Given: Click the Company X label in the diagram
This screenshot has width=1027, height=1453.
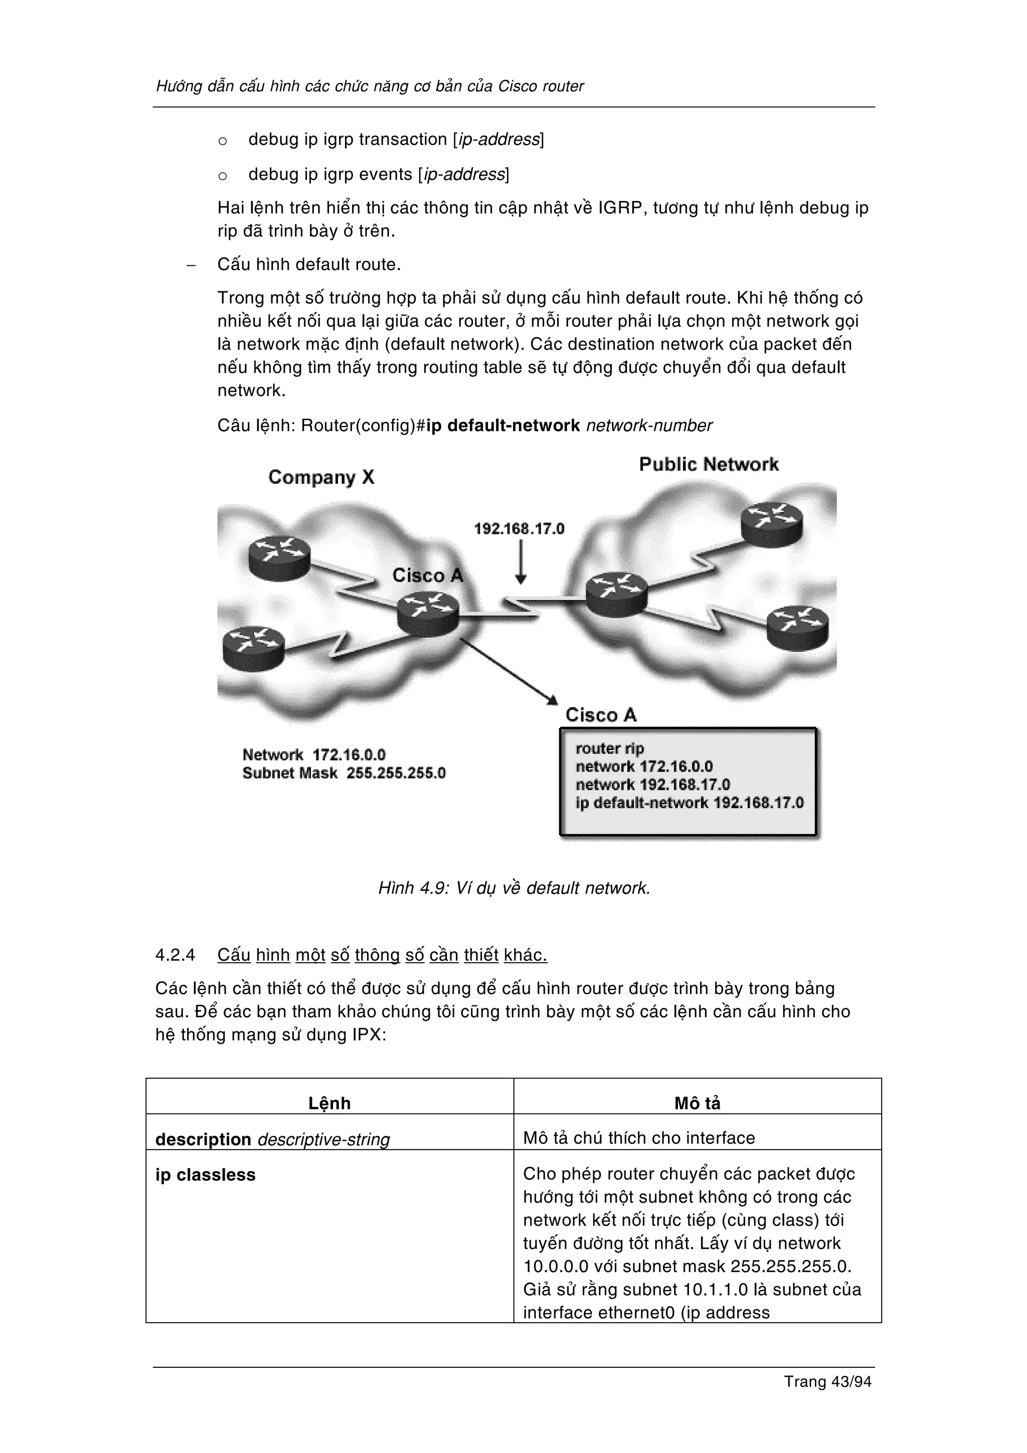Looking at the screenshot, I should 321,477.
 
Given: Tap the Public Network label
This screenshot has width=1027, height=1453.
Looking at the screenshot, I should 708,464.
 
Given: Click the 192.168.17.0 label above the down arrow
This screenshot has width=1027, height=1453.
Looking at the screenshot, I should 519,528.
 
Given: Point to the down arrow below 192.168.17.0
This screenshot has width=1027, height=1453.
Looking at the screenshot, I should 520,563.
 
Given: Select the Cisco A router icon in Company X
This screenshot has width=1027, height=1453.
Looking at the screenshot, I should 428,612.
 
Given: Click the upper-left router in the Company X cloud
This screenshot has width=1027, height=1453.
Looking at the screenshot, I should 279,556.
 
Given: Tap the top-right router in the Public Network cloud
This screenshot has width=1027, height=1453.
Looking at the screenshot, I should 771,523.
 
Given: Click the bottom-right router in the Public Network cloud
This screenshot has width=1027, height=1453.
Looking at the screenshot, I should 797,625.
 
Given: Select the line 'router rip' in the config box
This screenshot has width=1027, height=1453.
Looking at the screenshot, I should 609,749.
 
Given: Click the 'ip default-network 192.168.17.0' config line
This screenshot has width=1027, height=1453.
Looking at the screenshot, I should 689,803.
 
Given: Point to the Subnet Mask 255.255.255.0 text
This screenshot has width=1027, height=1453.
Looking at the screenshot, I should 344,773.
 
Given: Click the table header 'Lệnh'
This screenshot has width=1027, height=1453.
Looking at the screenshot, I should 329,1103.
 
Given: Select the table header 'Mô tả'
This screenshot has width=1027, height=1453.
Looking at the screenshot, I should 697,1103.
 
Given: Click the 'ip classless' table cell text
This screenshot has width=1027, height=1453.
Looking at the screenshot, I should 205,1175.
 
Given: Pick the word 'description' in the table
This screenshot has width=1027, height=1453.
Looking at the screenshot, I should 203,1139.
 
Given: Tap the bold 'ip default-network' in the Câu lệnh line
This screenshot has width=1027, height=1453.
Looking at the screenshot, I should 503,425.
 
